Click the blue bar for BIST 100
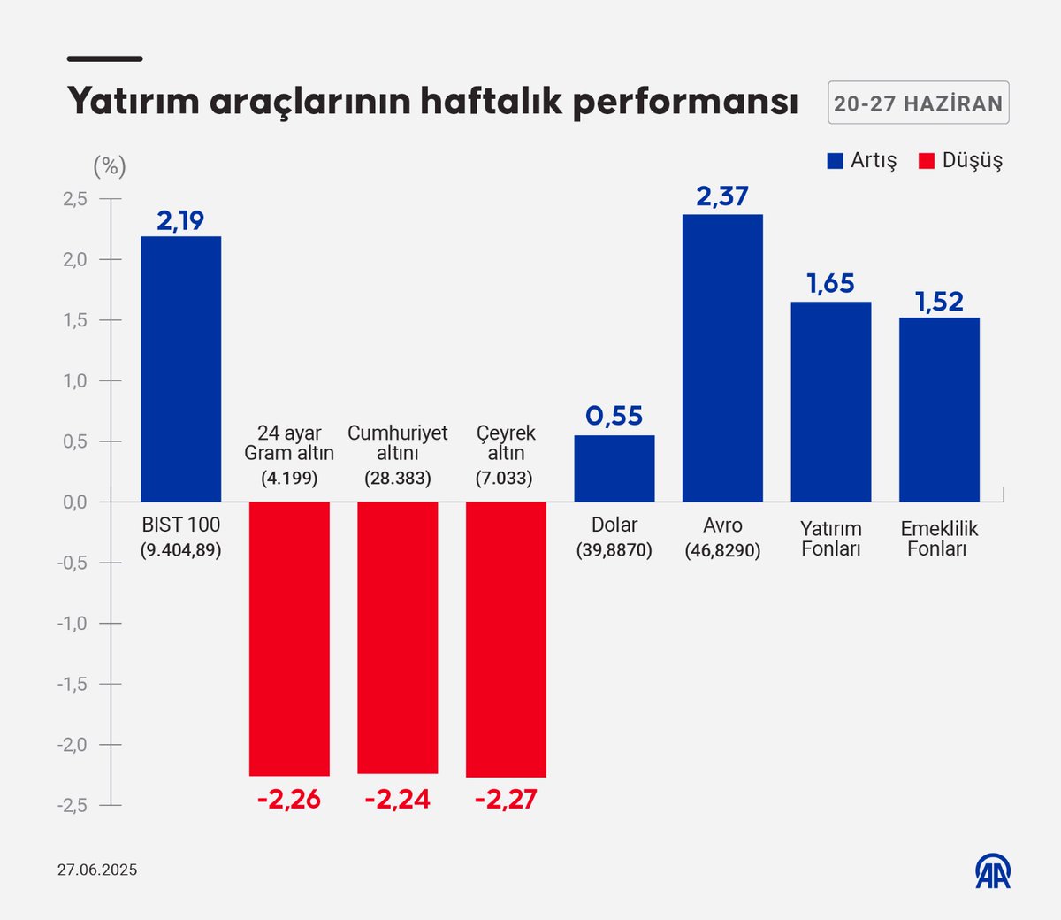point(181,369)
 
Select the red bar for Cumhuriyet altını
point(398,637)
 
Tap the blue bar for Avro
point(722,358)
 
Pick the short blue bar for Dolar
point(614,469)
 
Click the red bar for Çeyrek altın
point(506,639)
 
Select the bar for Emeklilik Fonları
point(939,410)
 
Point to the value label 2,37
point(722,196)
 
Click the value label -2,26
point(289,800)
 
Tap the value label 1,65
point(830,284)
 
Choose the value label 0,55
point(614,416)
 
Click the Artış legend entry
point(862,161)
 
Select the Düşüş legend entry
point(961,161)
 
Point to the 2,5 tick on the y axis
point(75,199)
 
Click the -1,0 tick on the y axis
point(73,624)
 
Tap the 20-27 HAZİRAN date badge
point(918,103)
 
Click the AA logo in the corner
point(993,871)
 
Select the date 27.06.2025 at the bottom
point(97,870)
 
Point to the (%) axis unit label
point(110,166)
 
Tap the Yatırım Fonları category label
point(830,539)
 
